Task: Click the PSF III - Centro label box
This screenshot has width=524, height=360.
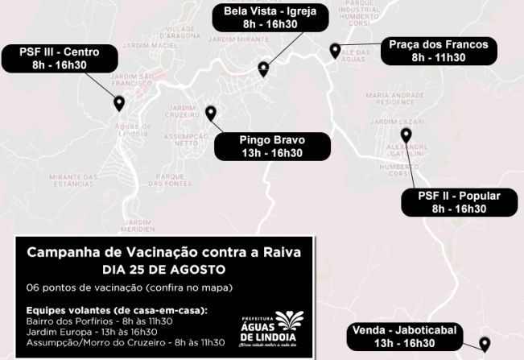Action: click(x=60, y=59)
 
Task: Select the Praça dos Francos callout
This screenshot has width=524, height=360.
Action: click(x=438, y=51)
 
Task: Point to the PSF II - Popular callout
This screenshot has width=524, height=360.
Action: click(x=459, y=202)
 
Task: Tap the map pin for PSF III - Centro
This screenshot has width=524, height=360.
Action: click(x=119, y=103)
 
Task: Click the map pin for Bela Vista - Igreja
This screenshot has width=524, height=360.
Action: click(x=263, y=69)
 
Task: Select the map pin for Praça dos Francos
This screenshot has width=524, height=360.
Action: click(x=335, y=51)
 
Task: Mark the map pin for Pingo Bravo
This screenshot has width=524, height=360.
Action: click(x=211, y=114)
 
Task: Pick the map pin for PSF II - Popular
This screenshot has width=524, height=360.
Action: click(x=406, y=135)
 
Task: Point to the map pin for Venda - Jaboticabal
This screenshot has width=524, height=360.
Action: click(x=485, y=344)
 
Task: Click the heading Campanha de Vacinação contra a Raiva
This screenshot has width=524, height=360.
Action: click(x=164, y=252)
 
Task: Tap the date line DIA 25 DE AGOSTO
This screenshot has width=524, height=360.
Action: click(x=164, y=269)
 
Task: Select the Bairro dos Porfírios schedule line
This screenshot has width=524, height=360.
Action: click(x=100, y=321)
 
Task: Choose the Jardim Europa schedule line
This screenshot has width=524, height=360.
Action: click(x=92, y=331)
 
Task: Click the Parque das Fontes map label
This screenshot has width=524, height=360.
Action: click(x=171, y=180)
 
